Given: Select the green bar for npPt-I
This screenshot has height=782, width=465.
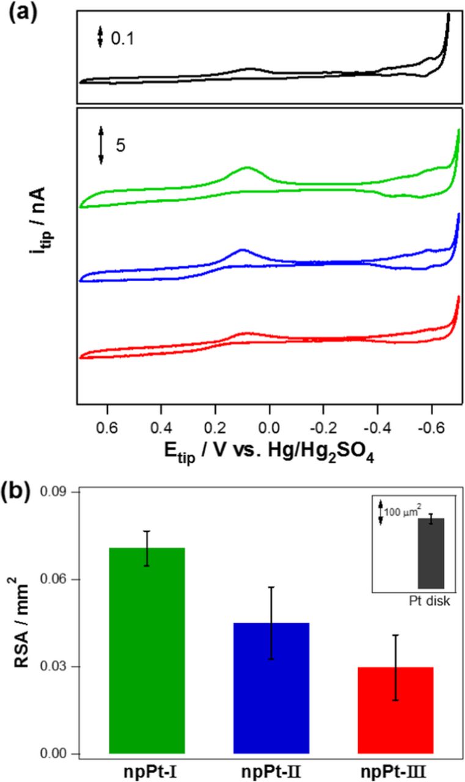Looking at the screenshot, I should (x=147, y=650).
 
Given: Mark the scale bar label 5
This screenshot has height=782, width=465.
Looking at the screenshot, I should (x=120, y=147).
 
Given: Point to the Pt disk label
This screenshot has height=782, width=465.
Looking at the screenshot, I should (x=430, y=601).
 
